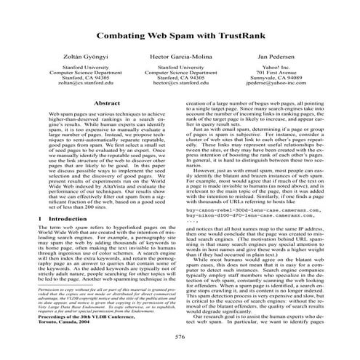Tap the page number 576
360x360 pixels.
(x=180, y=337)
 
